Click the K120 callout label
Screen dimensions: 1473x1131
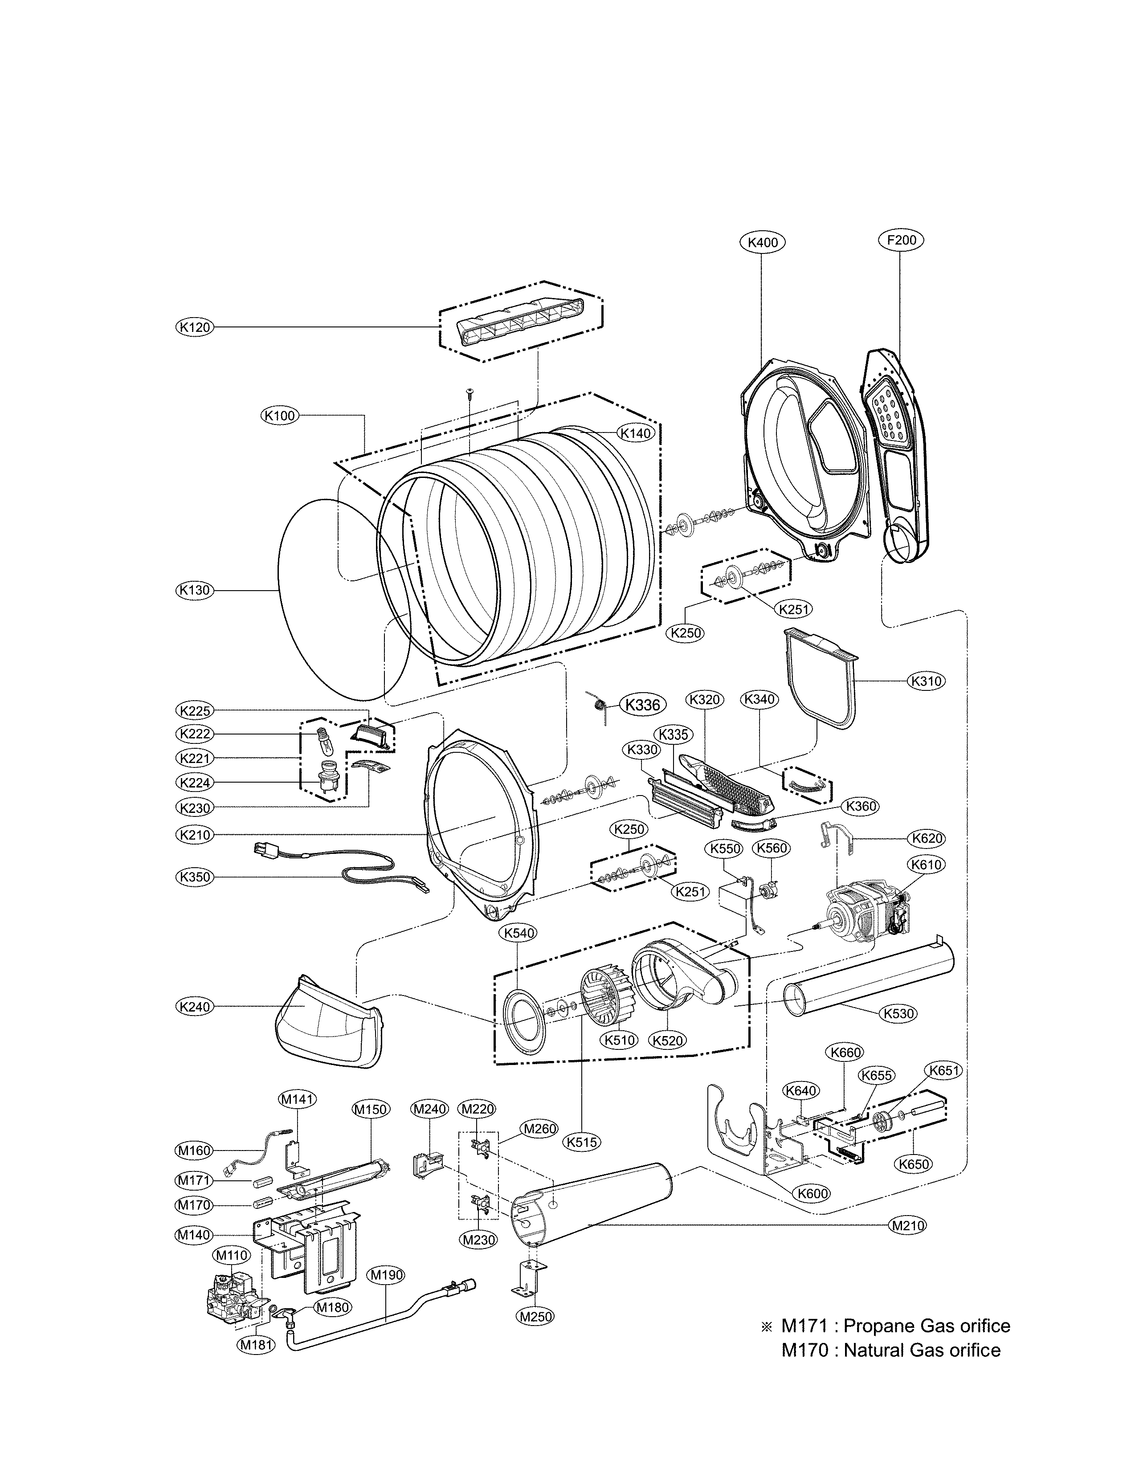click(x=195, y=327)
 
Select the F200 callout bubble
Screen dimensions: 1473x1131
click(x=901, y=241)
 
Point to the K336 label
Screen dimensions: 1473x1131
click(x=642, y=705)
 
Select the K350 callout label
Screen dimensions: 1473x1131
click(x=195, y=877)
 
